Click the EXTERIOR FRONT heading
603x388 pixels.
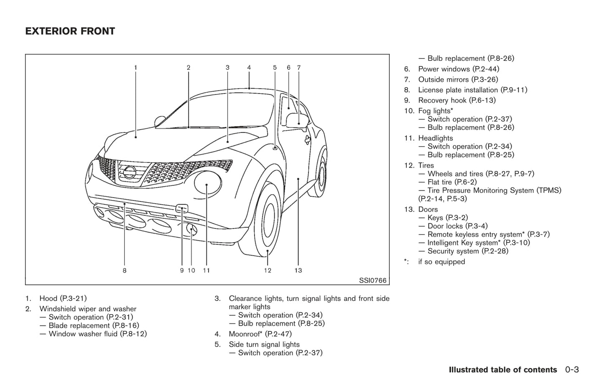point(70,31)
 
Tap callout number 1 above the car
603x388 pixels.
point(136,67)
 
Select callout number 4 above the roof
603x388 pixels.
point(249,67)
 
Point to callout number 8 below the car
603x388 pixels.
point(124,271)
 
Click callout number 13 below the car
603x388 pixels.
point(298,271)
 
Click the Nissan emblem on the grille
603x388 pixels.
point(129,172)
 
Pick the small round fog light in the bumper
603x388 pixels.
point(192,229)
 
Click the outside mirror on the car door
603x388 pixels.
point(297,120)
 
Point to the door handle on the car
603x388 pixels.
point(308,139)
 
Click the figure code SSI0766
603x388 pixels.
point(373,280)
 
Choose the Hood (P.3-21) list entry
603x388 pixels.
point(63,298)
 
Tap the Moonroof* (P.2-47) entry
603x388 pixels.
point(260,334)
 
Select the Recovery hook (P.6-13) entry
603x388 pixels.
point(457,100)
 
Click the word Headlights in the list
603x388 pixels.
point(435,138)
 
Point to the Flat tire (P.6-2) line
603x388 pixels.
point(452,182)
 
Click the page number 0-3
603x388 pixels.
point(572,370)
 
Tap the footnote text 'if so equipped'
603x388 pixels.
point(442,262)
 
